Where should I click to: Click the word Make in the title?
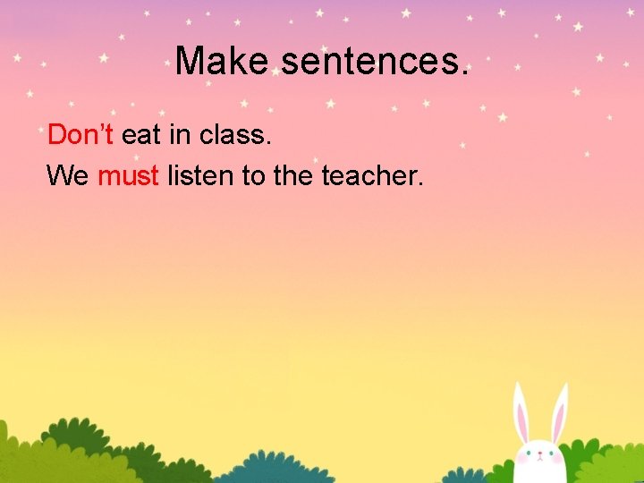click(x=221, y=62)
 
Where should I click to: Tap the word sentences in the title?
click(x=374, y=62)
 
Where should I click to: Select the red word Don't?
click(x=80, y=135)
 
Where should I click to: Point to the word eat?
click(x=140, y=136)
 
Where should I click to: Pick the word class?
click(x=234, y=136)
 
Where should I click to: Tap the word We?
click(x=67, y=175)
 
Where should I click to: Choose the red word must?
click(x=128, y=176)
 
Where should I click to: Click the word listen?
click(x=200, y=175)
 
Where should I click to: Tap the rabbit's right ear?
click(x=559, y=414)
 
